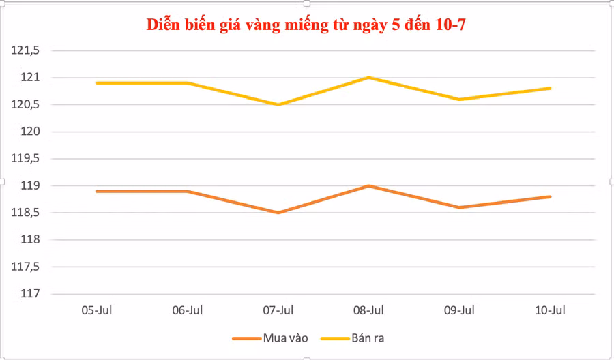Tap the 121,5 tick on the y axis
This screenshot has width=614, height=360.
[x=27, y=50]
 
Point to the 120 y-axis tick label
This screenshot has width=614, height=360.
[x=30, y=132]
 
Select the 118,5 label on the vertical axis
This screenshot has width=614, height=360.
[x=27, y=213]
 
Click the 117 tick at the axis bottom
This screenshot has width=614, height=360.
[x=30, y=294]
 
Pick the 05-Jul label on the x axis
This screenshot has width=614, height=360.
[x=97, y=310]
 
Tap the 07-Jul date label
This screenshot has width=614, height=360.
[x=278, y=310]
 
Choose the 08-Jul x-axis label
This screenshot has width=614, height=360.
[x=369, y=310]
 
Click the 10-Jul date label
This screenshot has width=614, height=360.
[x=550, y=310]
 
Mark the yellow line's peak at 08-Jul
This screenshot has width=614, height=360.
[x=369, y=78]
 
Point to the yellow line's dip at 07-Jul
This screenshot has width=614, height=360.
[x=278, y=104]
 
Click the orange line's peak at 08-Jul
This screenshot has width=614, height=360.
[x=369, y=185]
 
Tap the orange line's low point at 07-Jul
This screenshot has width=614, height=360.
[x=278, y=213]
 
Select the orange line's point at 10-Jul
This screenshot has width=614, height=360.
[x=550, y=197]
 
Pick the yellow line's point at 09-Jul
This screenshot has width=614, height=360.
[x=460, y=100]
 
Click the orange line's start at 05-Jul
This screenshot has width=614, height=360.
[x=97, y=191]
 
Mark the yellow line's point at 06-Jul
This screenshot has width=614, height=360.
[x=188, y=83]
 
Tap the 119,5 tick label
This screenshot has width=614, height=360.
[x=27, y=159]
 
